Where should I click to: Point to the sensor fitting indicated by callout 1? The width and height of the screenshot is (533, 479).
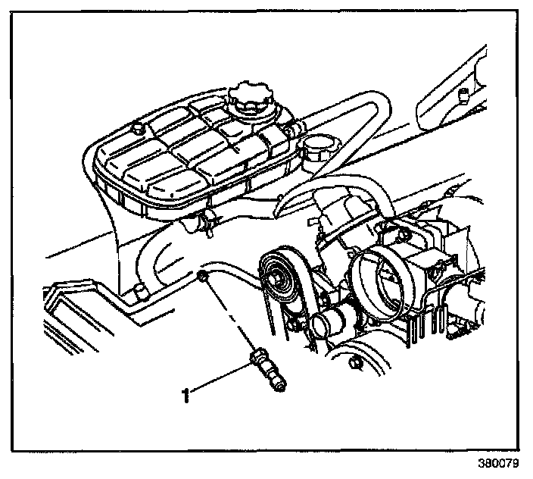(x=268, y=369)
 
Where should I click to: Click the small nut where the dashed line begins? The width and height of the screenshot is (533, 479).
(x=204, y=277)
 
